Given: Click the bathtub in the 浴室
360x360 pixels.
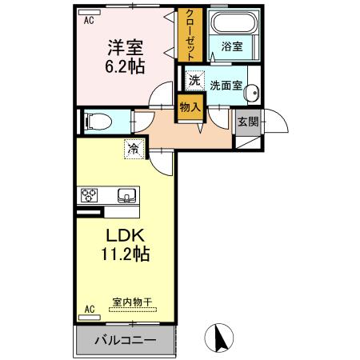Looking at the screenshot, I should point(233,23).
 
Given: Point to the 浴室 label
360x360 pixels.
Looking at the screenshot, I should point(232,47).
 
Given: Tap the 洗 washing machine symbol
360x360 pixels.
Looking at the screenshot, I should point(194,80).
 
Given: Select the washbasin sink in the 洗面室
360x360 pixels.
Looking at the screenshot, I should point(254,92).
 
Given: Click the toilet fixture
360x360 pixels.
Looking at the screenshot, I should point(95,122).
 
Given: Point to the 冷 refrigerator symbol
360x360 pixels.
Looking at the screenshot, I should point(134,148).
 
